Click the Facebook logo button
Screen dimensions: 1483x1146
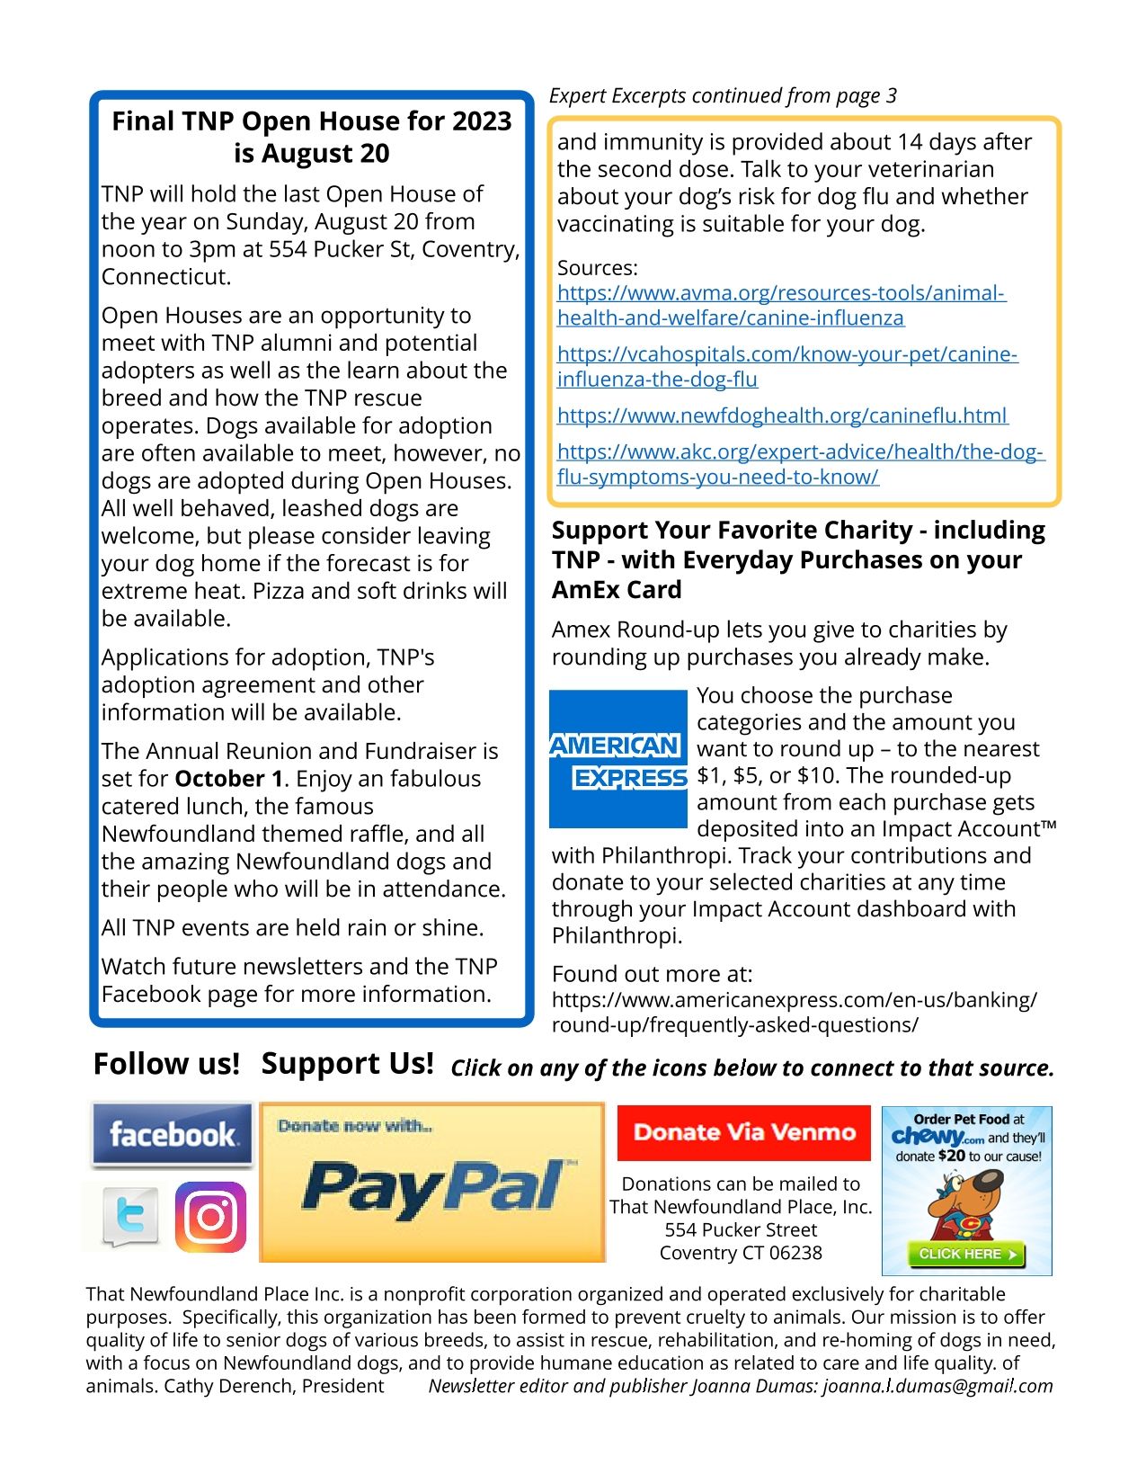click(x=172, y=1134)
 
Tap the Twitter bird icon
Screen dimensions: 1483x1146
click(x=131, y=1217)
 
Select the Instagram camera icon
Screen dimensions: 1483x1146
click(x=210, y=1217)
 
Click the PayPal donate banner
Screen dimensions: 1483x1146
click(x=432, y=1183)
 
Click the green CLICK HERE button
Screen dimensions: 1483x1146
click(x=966, y=1254)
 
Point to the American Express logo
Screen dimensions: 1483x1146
click(x=617, y=758)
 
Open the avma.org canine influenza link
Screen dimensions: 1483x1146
click(x=780, y=305)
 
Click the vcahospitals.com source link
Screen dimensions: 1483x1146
click(x=786, y=366)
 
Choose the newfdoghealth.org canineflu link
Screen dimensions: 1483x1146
click(x=782, y=415)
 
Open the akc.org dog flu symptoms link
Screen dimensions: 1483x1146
click(x=799, y=464)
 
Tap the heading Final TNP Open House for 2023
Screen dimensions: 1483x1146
click(x=311, y=121)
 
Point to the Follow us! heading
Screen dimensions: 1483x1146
click(x=166, y=1064)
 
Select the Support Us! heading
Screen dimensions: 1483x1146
click(x=347, y=1064)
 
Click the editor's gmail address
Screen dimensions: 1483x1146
click(x=937, y=1386)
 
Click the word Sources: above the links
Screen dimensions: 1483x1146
click(x=597, y=268)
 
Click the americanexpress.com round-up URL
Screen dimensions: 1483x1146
click(x=794, y=1013)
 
